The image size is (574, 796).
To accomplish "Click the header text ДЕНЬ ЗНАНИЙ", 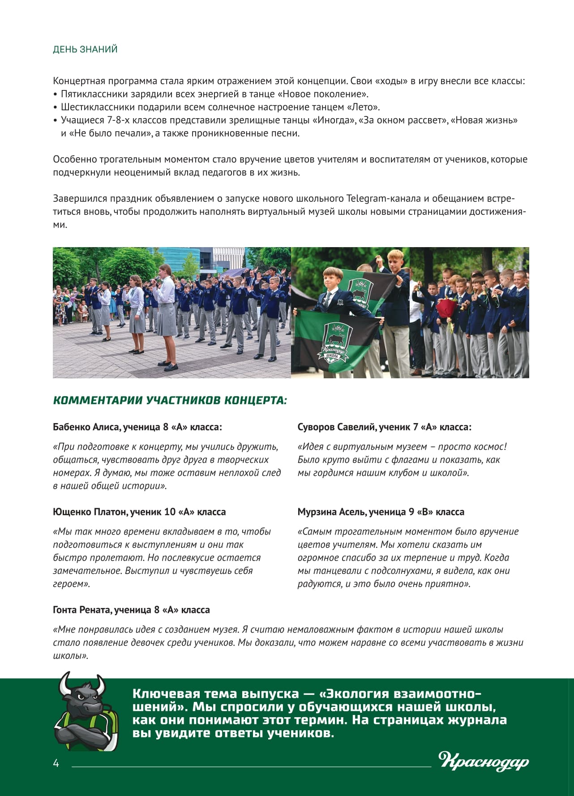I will tap(85, 49).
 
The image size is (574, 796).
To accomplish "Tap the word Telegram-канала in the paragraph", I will tap(384, 198).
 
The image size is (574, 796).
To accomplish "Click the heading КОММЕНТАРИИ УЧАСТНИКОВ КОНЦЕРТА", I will tap(170, 400).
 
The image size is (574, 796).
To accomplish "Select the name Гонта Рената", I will tap(81, 610).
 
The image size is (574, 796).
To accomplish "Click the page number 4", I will tap(56, 763).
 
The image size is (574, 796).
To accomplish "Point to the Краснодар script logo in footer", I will tap(484, 761).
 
